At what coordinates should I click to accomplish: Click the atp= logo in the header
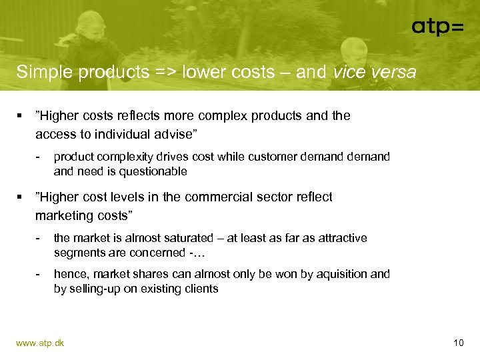pyautogui.click(x=437, y=27)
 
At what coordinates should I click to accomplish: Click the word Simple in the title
pyautogui.click(x=45, y=71)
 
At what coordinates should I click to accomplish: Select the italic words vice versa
pyautogui.click(x=374, y=71)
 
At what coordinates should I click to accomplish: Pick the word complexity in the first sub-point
pyautogui.click(x=123, y=157)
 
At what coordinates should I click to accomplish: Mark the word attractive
pyautogui.click(x=341, y=238)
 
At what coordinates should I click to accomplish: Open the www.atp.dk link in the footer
pyautogui.click(x=40, y=343)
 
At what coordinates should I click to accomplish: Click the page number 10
pyautogui.click(x=458, y=343)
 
